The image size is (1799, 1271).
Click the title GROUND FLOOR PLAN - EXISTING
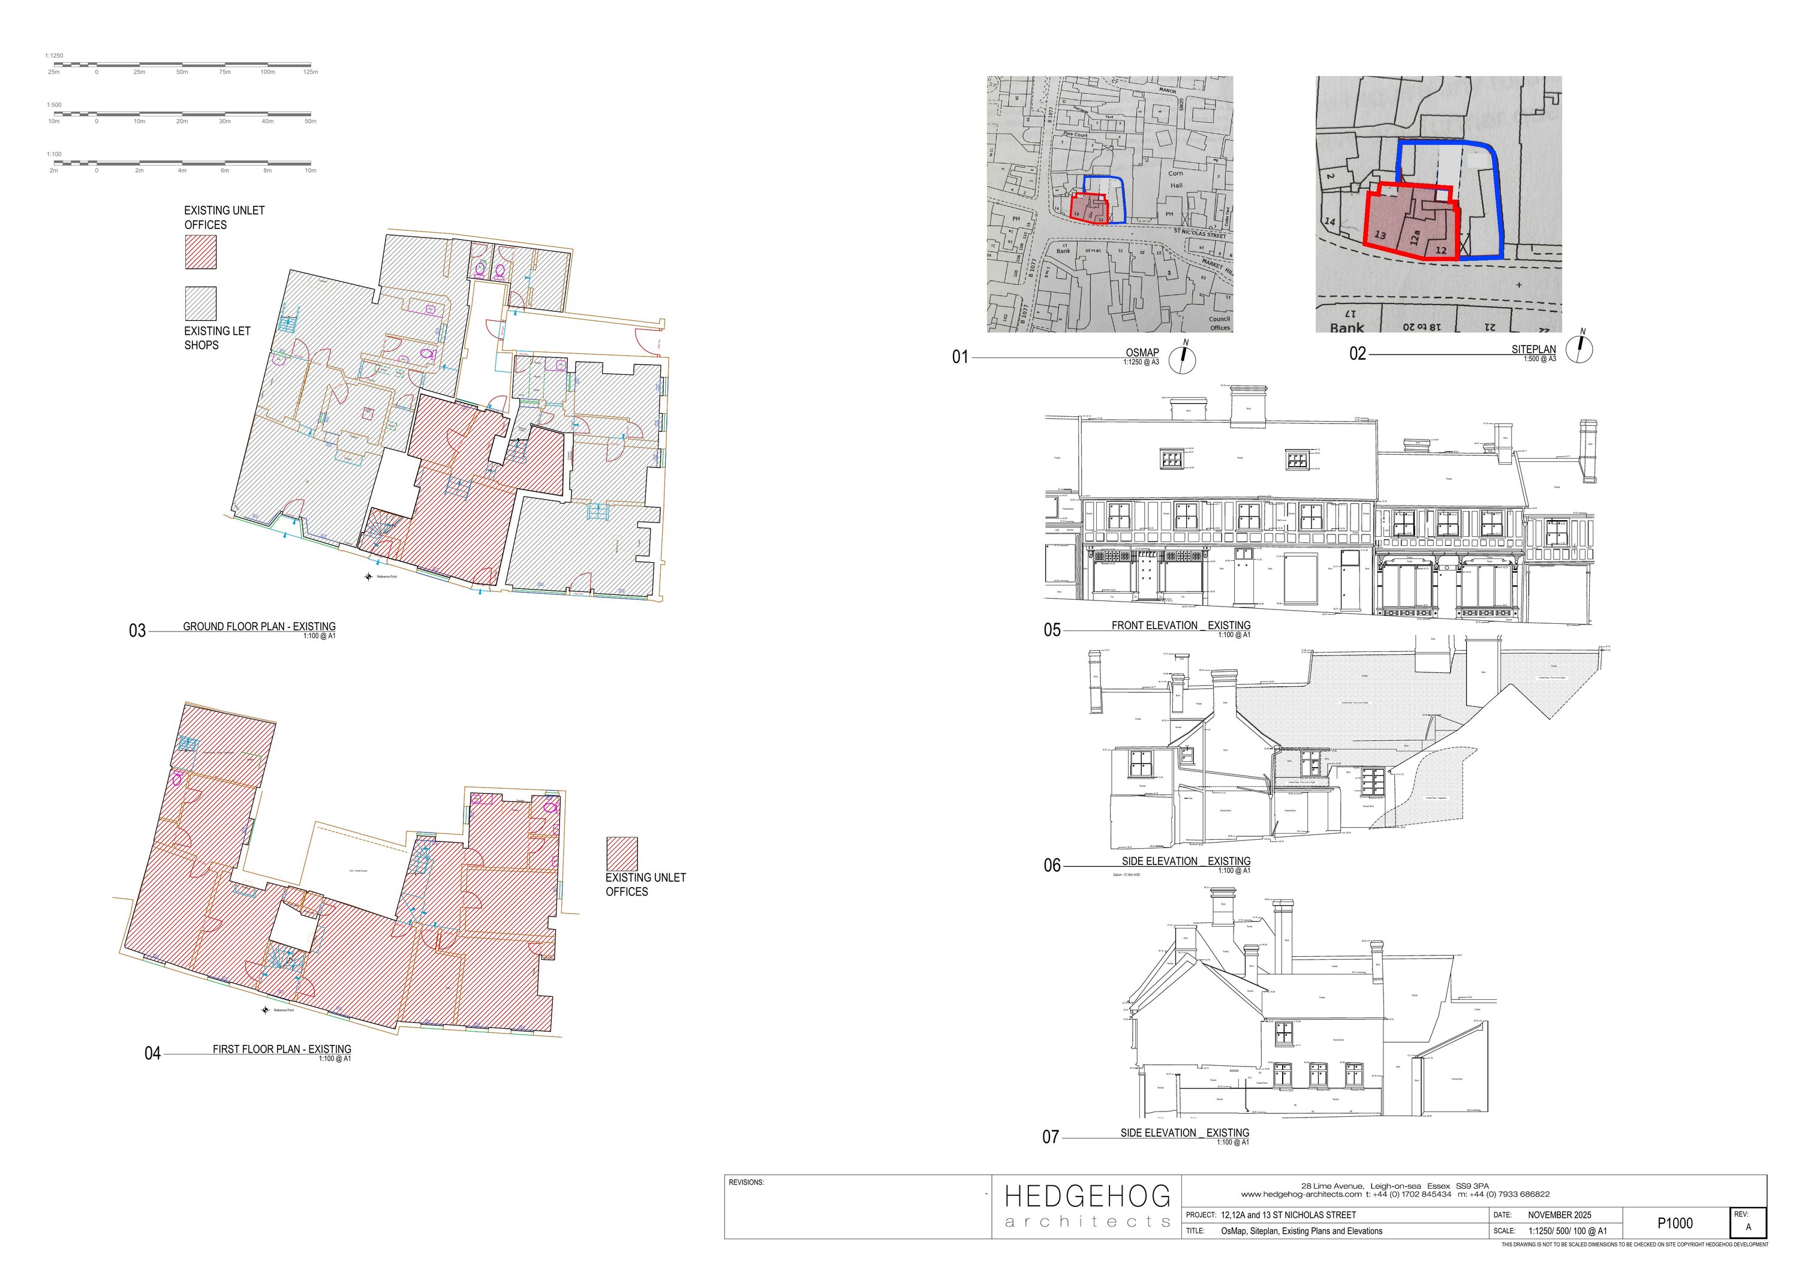(258, 626)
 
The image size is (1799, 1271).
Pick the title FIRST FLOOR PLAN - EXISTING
(281, 1048)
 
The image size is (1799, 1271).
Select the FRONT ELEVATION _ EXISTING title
(1181, 626)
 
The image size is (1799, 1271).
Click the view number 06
(1051, 865)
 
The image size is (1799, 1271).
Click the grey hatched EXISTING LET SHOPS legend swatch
(200, 304)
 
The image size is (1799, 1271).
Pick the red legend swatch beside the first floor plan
(621, 854)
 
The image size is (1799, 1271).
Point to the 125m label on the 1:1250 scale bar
(310, 72)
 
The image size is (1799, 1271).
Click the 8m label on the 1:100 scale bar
(267, 170)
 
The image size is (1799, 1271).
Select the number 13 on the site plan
(1380, 235)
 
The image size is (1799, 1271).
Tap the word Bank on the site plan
(1346, 327)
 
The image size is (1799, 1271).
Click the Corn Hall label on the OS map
(1176, 179)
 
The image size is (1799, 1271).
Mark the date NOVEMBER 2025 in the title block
(1559, 1215)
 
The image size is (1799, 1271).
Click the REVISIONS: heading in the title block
(746, 1182)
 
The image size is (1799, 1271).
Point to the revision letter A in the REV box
(1748, 1227)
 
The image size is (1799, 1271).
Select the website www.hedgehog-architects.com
(1301, 1195)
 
